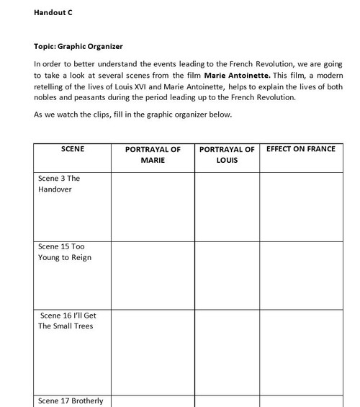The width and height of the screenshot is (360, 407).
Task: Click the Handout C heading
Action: click(53, 13)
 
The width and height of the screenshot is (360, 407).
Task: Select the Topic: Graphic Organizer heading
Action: click(78, 47)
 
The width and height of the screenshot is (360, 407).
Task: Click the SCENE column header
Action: click(73, 149)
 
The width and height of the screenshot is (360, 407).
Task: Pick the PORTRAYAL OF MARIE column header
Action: click(153, 155)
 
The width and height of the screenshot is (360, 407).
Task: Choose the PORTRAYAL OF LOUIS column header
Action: click(227, 155)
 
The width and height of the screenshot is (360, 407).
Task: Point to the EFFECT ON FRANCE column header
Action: click(300, 149)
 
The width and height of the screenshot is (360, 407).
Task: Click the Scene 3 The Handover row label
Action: click(59, 184)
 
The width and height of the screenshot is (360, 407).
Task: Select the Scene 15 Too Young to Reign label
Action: click(65, 252)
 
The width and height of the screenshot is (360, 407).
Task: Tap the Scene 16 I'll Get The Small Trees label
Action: click(67, 321)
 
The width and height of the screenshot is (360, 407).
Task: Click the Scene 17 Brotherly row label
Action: click(71, 401)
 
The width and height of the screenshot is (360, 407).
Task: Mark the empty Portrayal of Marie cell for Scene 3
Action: click(153, 206)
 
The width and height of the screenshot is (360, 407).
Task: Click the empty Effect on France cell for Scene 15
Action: click(301, 274)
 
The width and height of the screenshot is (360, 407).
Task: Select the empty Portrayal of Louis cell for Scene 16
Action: click(227, 351)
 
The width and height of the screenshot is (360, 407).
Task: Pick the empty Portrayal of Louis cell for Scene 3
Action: click(227, 206)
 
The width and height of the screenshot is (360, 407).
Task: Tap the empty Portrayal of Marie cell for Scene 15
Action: click(153, 274)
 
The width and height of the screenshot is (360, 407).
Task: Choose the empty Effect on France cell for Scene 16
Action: click(301, 351)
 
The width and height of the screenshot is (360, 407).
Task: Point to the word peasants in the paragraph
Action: click(86, 97)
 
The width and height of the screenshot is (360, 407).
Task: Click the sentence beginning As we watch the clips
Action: click(132, 115)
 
